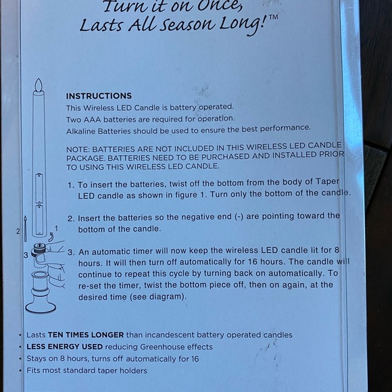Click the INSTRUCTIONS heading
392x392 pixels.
click(x=99, y=96)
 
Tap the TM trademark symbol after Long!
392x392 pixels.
click(x=273, y=18)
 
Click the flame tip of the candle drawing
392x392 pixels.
click(x=39, y=79)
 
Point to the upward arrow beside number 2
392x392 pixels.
click(x=25, y=228)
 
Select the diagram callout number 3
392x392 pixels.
click(x=26, y=255)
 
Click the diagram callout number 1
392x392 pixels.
click(x=57, y=228)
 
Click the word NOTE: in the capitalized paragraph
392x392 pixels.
click(x=78, y=149)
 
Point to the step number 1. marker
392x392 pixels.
click(x=71, y=185)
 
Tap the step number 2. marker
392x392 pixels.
click(x=71, y=219)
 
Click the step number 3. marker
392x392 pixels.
click(x=71, y=252)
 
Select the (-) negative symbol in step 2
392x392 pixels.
click(x=239, y=216)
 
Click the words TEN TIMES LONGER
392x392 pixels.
click(x=86, y=335)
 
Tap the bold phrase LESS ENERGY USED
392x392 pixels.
click(x=65, y=347)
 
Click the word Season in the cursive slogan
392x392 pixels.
click(x=187, y=25)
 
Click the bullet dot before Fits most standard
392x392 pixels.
click(x=20, y=370)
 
